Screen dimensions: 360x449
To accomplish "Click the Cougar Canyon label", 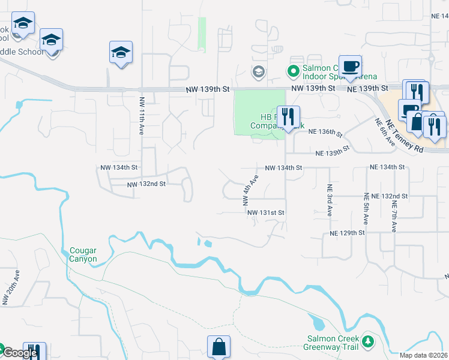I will (x=83, y=254).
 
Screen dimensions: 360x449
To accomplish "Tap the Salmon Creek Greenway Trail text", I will (x=333, y=343).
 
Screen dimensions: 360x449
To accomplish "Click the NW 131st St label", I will (x=264, y=212).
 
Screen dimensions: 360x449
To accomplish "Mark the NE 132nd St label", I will (x=389, y=196).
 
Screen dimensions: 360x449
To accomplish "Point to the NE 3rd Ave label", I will (x=330, y=200).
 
